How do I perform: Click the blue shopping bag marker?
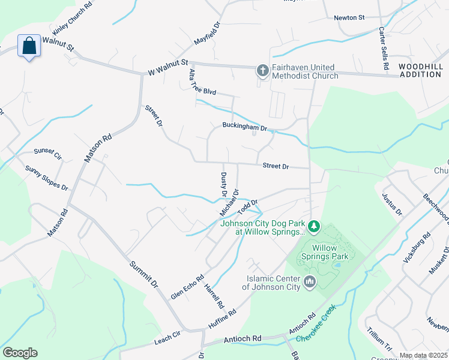click(29, 46)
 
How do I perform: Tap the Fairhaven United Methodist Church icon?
click(262, 71)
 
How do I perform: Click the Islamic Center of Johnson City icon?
click(310, 281)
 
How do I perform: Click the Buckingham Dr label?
click(244, 127)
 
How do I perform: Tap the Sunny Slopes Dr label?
click(46, 178)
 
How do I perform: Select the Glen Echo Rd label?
click(187, 286)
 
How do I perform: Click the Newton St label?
click(349, 18)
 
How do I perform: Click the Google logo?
click(20, 353)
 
